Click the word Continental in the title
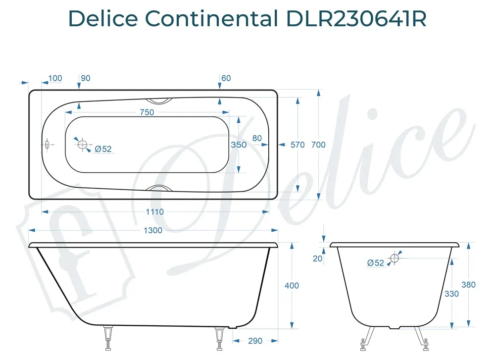coord(211,18)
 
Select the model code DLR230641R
coord(356,18)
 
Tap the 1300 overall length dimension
coord(153,231)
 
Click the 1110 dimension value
coord(154,212)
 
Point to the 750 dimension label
coord(147,112)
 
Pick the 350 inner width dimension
coord(239,145)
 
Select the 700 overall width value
coord(318,145)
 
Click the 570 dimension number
coord(297,145)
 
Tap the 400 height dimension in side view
coord(292,285)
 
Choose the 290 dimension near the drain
coord(255,341)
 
